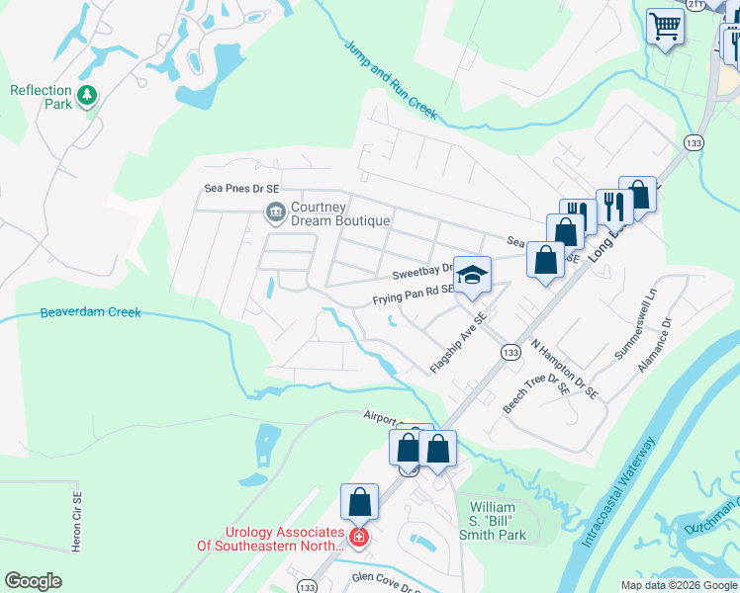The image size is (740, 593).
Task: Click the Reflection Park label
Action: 41,97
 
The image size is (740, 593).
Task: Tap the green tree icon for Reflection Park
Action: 88,94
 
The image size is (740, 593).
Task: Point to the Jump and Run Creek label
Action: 391,79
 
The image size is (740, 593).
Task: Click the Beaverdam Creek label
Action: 90,313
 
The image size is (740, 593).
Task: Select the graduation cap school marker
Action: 473,276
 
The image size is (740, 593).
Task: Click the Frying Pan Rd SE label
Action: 412,295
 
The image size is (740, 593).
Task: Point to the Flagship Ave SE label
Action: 459,344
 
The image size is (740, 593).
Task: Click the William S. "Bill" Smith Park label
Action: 497,521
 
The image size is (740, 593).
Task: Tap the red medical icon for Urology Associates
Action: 359,538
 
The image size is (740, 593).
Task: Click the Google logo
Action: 33,581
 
